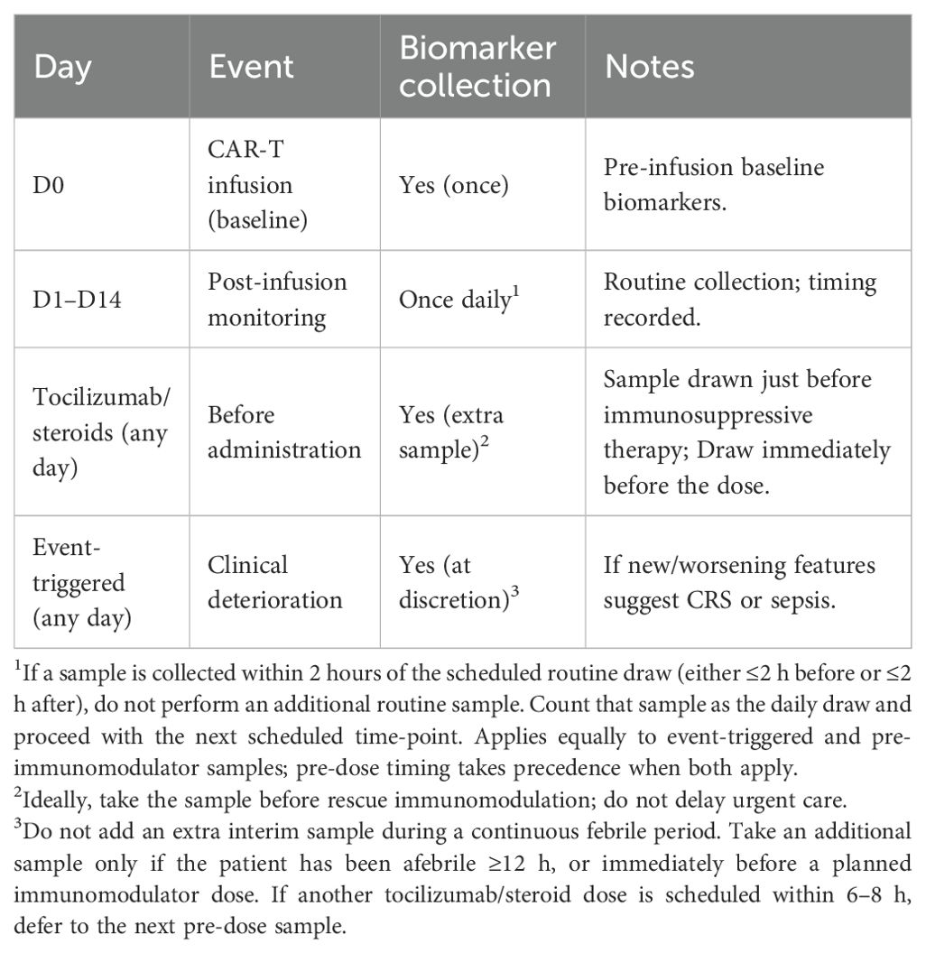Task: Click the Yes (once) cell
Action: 454,184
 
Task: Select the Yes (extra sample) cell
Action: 450,431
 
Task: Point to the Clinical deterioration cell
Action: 275,582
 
